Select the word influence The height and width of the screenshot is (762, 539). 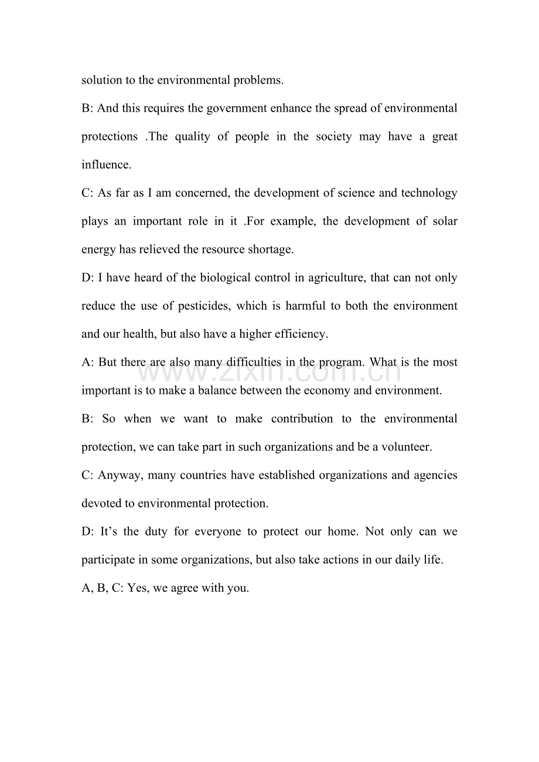tap(105, 165)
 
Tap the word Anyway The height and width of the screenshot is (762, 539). tap(120, 475)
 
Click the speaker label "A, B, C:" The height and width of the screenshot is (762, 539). tap(103, 588)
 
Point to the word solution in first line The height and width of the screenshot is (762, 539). tap(102, 80)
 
